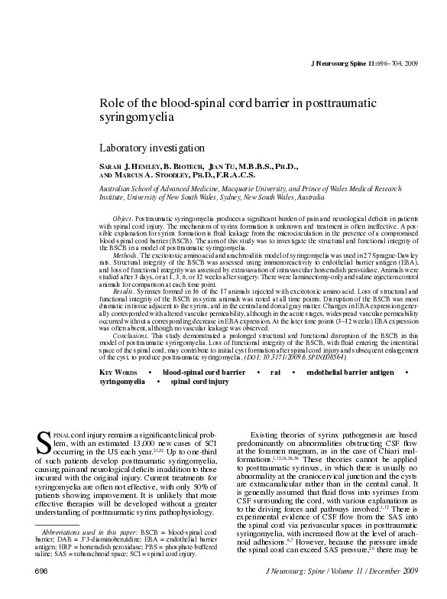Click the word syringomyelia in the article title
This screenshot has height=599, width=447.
click(138, 118)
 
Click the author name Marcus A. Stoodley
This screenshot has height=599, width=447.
click(157, 174)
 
